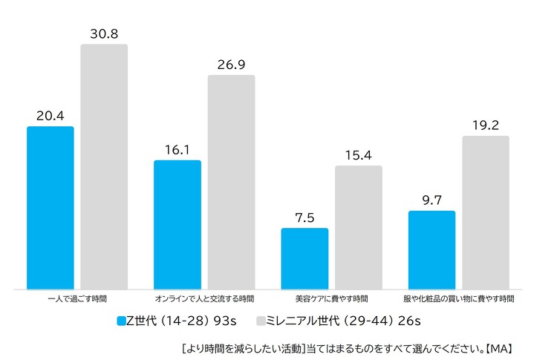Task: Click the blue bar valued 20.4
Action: pos(51,208)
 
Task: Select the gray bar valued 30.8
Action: pos(104,167)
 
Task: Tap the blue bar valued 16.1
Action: pos(177,224)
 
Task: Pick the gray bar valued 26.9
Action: pos(231,182)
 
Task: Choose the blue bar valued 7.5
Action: pos(304,258)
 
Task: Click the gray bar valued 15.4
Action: pos(358,227)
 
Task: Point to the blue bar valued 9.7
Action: pos(431,250)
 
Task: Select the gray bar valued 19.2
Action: pos(486,212)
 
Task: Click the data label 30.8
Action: pos(104,33)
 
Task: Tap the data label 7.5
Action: pos(304,217)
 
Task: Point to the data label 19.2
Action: pos(486,125)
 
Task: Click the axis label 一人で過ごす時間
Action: pos(76,299)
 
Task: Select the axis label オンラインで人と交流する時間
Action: pos(204,299)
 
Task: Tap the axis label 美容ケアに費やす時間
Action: pos(331,299)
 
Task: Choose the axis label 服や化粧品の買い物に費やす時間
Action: pos(459,299)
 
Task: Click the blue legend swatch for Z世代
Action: pos(122,321)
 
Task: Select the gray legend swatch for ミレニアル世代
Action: pos(261,321)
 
